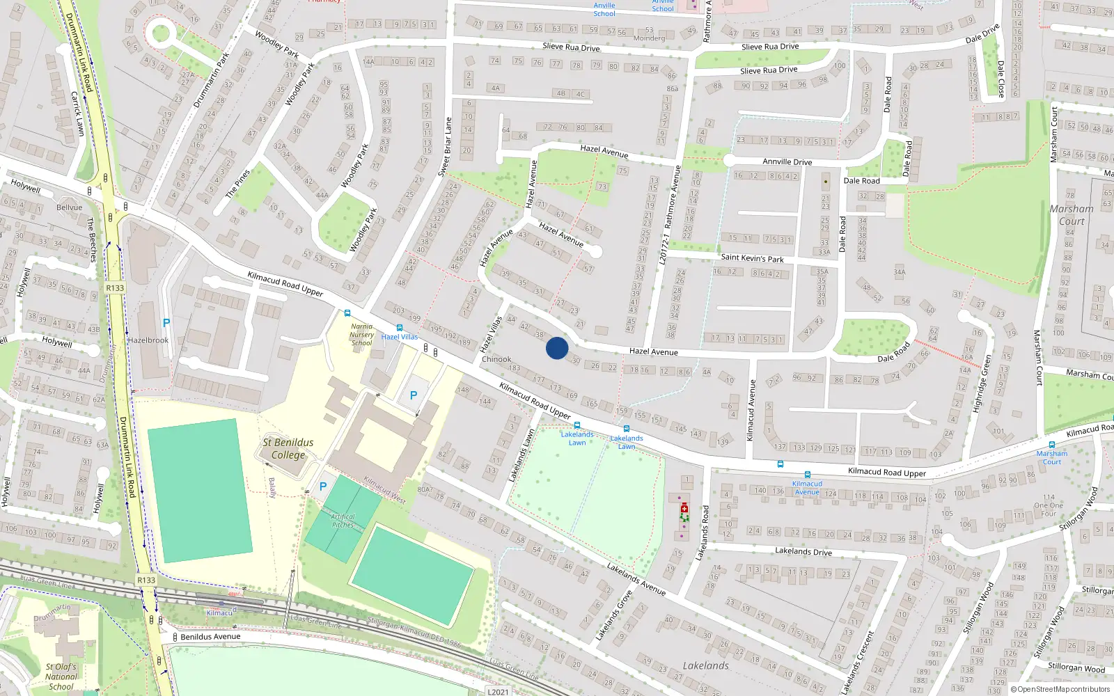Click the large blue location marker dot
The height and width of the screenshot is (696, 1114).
tap(557, 348)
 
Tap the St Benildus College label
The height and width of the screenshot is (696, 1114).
tap(288, 448)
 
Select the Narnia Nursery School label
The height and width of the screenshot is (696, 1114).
tap(362, 335)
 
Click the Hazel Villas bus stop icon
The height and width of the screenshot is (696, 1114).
tap(399, 328)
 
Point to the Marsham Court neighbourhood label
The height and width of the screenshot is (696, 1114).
tap(1072, 215)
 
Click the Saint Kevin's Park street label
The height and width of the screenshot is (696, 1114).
tap(752, 258)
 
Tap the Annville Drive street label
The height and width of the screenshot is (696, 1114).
tap(787, 161)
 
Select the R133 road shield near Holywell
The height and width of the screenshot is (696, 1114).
tap(115, 288)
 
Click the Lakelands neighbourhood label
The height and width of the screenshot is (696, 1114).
tap(705, 666)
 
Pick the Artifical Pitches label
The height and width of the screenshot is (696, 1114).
tap(343, 521)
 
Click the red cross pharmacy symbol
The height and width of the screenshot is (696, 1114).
tap(684, 508)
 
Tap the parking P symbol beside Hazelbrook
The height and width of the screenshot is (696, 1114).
tap(166, 323)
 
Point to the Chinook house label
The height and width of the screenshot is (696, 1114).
tap(496, 359)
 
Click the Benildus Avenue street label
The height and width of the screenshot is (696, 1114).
tap(210, 637)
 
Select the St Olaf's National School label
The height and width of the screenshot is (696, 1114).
tap(61, 677)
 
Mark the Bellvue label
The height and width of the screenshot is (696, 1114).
tap(70, 207)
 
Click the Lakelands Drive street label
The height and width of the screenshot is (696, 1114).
tap(803, 551)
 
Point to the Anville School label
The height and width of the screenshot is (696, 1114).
tap(604, 9)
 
